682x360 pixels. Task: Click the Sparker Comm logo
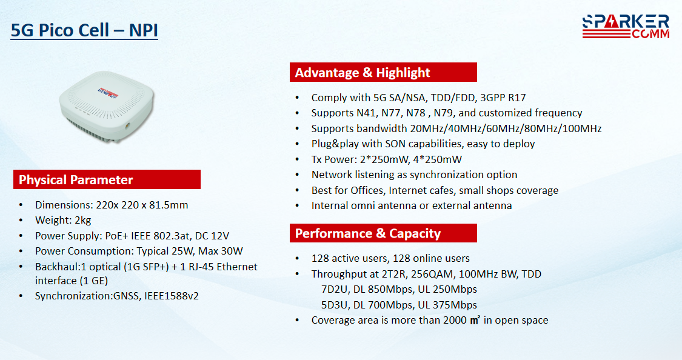[x=626, y=27]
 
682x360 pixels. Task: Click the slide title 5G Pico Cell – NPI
[x=84, y=30]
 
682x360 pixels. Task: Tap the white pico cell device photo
[x=107, y=106]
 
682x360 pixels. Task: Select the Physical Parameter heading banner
[x=107, y=179]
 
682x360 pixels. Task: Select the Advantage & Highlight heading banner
[x=383, y=72]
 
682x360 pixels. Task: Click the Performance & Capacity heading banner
[x=383, y=233]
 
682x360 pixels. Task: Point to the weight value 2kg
[x=82, y=221]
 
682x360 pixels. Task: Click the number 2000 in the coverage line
[x=455, y=321]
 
